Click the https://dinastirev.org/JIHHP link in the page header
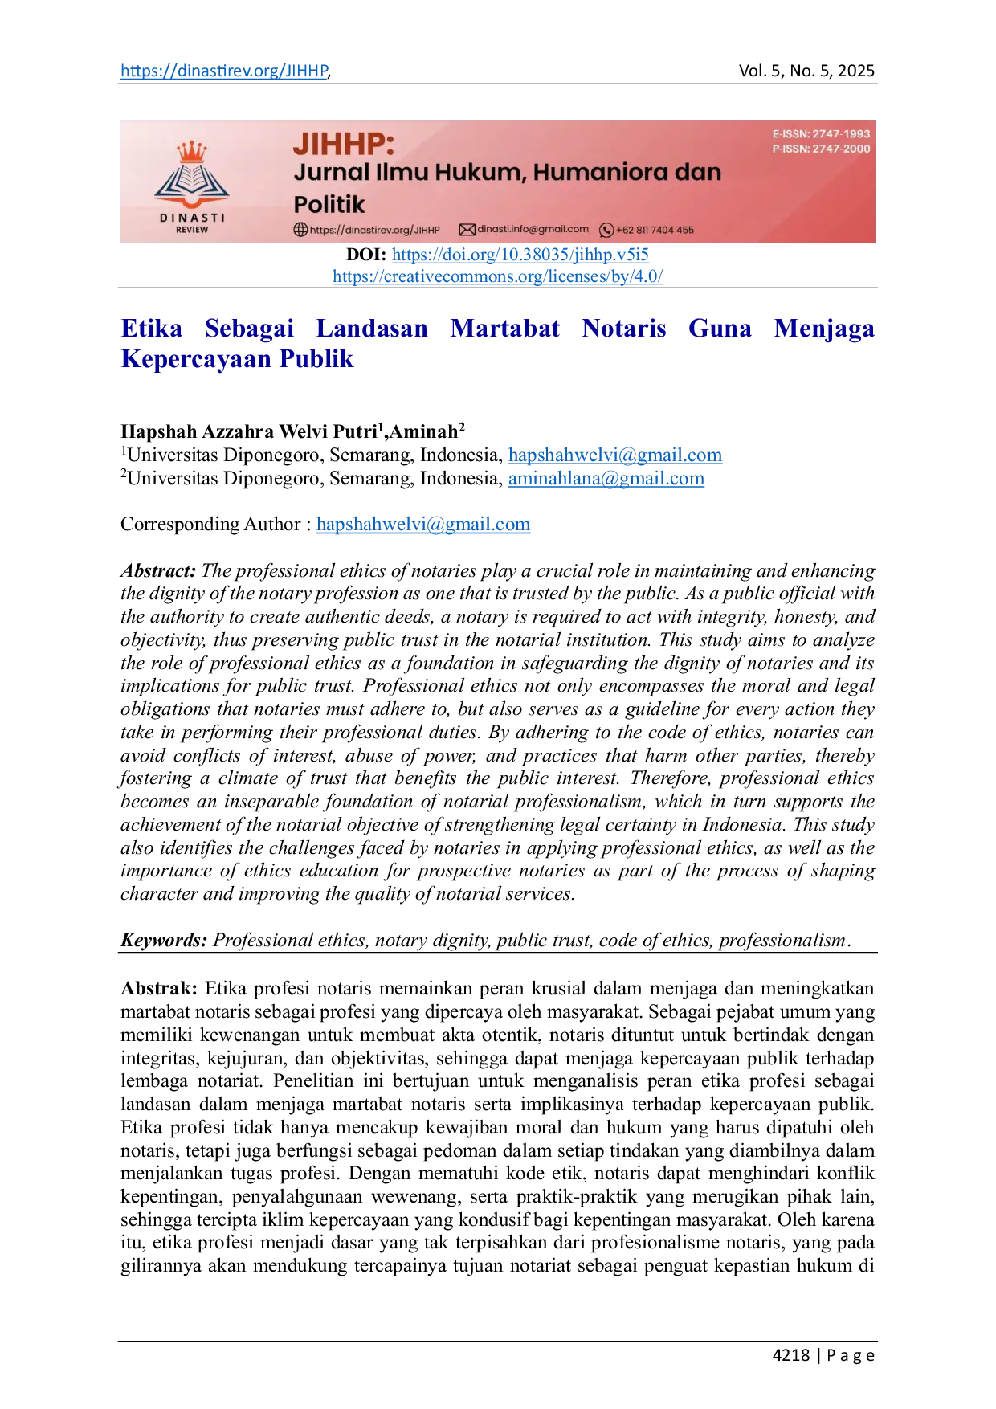pyautogui.click(x=224, y=71)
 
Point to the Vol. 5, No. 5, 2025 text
pyautogui.click(x=806, y=71)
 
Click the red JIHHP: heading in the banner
pyautogui.click(x=344, y=145)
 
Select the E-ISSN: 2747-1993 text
pyautogui.click(x=821, y=134)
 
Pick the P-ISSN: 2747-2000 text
pyautogui.click(x=821, y=149)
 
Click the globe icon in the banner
pyautogui.click(x=300, y=230)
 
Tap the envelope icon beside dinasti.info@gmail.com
pyautogui.click(x=467, y=230)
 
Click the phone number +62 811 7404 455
pyautogui.click(x=655, y=230)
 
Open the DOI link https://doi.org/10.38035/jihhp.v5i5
pyautogui.click(x=520, y=255)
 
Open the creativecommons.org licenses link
pyautogui.click(x=498, y=276)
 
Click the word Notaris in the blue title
pyautogui.click(x=624, y=329)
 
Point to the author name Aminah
pyautogui.click(x=423, y=431)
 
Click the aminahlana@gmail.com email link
pyautogui.click(x=606, y=479)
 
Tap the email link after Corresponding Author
pyautogui.click(x=423, y=525)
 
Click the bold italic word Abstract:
pyautogui.click(x=158, y=571)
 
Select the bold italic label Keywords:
pyautogui.click(x=164, y=941)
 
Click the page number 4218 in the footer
pyautogui.click(x=791, y=1355)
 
